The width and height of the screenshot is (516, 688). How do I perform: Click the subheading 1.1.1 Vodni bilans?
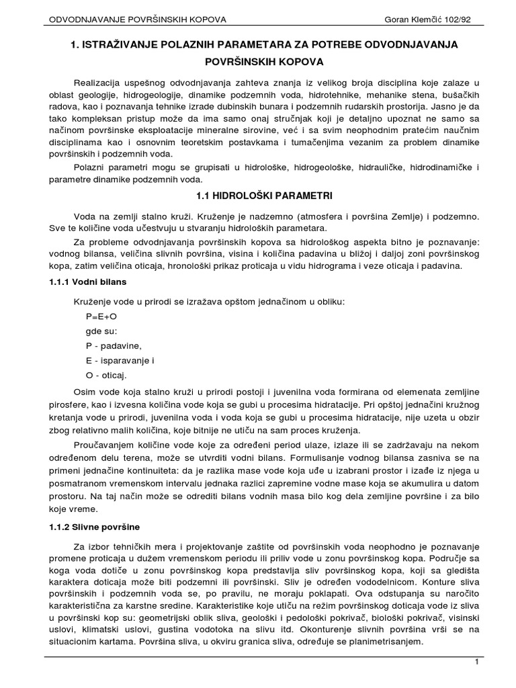88,282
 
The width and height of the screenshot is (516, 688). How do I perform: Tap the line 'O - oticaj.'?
105,376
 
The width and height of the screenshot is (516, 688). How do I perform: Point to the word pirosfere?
64,406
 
